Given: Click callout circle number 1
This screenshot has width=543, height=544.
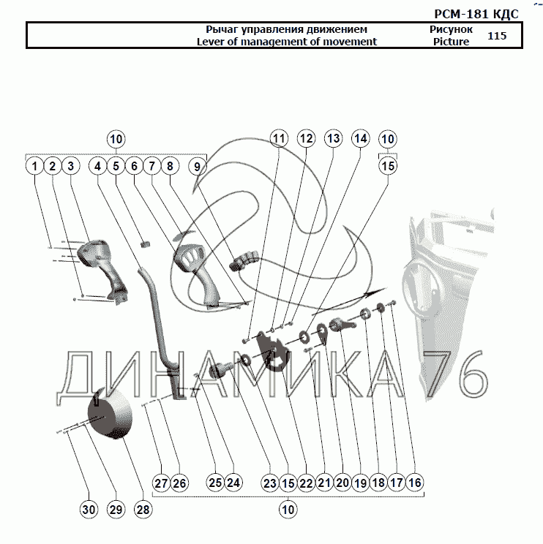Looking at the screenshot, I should [x=34, y=167].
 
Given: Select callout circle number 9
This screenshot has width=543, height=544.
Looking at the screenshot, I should [x=197, y=167].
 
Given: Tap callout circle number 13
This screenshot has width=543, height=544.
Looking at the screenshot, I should [x=333, y=138].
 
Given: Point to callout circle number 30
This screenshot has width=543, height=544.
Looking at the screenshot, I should [x=88, y=510].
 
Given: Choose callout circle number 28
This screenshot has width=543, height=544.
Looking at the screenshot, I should [x=143, y=510].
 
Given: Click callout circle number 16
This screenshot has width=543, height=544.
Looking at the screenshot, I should [x=415, y=483].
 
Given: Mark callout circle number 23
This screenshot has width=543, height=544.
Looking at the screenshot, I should [x=270, y=483].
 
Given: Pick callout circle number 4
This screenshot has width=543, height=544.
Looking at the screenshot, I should [x=98, y=167].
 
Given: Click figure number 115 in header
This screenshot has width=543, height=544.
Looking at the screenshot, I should [x=496, y=35].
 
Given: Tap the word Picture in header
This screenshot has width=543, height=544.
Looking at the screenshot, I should [x=450, y=42].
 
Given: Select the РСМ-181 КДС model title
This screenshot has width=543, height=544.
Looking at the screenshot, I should [x=476, y=13].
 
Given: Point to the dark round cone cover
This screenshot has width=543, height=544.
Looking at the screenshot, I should [x=110, y=418].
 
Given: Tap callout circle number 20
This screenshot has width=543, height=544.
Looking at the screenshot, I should [x=342, y=483].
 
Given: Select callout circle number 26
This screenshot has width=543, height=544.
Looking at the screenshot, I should [x=179, y=483].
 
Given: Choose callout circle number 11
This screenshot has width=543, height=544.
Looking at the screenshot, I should [x=279, y=138].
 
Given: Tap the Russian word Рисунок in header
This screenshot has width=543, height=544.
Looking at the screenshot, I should [x=451, y=30].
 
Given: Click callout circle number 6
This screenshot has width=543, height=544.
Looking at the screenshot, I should [x=134, y=167].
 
